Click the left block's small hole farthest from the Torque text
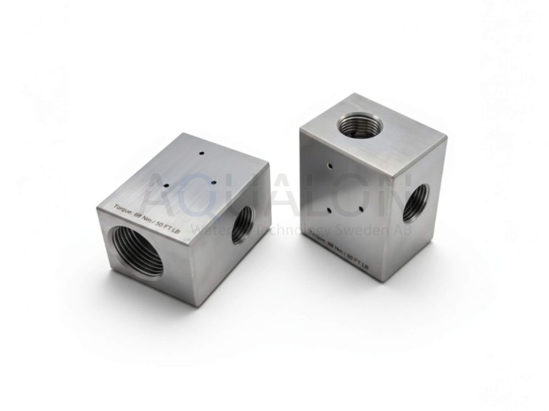[x=202, y=154]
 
